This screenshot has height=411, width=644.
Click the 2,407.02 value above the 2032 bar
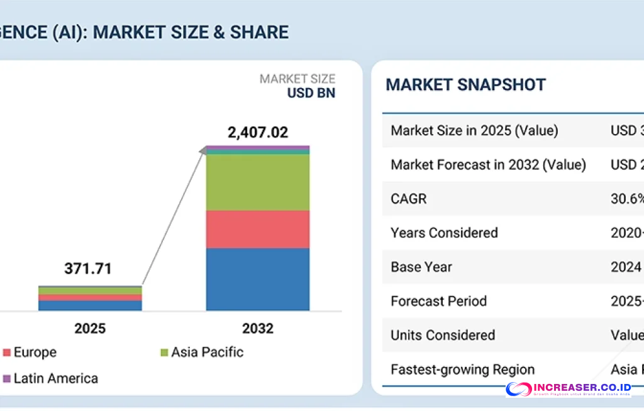(257, 132)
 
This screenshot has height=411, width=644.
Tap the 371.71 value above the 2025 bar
(88, 269)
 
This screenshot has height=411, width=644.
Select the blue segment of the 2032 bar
(258, 279)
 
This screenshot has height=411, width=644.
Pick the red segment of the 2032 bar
(258, 229)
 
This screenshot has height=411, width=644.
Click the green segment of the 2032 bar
(258, 183)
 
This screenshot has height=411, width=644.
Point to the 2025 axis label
(90, 329)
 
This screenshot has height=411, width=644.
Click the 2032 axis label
(258, 329)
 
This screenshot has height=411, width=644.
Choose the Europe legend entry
(35, 352)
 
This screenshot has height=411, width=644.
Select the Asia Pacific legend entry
(207, 352)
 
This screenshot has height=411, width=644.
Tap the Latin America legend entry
(55, 378)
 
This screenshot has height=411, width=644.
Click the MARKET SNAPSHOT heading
(465, 85)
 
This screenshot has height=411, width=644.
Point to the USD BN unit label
(311, 93)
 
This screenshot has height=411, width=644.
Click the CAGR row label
(409, 199)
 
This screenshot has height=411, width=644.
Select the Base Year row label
(421, 267)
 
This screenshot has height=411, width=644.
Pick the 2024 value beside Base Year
(626, 267)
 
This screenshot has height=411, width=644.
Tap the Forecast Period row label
(439, 301)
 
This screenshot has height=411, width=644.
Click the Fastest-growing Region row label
(463, 369)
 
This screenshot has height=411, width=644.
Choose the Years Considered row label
(444, 233)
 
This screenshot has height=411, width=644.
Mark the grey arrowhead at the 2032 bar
(203, 150)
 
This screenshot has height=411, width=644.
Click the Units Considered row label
(443, 335)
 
